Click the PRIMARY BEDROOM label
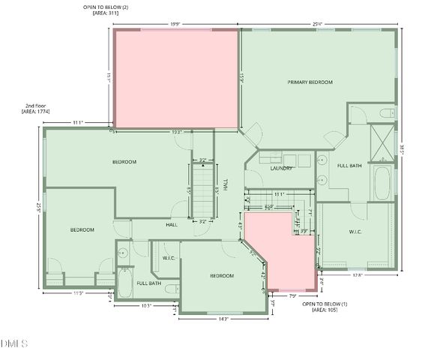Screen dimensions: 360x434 (x=310, y=82)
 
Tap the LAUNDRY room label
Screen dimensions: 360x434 (x=281, y=169)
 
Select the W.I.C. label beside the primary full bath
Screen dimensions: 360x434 (x=355, y=232)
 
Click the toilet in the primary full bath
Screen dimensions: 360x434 (x=387, y=113)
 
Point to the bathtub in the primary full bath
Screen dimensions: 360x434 (x=381, y=182)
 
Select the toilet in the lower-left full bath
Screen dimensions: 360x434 (x=171, y=288)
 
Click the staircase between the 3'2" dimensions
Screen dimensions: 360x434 (x=203, y=190)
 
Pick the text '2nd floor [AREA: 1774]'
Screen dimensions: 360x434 (x=32, y=109)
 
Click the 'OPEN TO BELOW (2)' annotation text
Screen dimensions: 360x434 (x=104, y=9)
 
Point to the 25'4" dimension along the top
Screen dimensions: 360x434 (x=317, y=24)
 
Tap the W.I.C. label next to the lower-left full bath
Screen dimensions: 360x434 (x=169, y=258)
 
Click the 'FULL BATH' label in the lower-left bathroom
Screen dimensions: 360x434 (x=148, y=283)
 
